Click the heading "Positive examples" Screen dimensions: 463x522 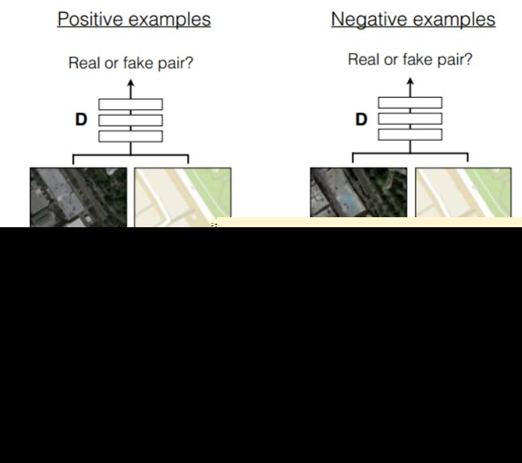point(134,19)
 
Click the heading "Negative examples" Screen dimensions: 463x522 point(413,19)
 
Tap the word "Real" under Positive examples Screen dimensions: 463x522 point(84,63)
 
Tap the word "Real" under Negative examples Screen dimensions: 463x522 point(363,60)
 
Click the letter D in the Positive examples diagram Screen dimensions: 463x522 point(81,120)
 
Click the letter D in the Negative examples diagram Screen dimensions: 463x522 point(361,119)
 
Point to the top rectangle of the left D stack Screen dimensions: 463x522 point(130,104)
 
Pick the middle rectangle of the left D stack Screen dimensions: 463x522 point(130,120)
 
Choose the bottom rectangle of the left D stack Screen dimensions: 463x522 point(130,136)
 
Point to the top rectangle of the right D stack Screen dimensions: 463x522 point(410,103)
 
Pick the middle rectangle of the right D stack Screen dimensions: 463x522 point(410,119)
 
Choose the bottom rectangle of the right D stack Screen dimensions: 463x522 point(410,134)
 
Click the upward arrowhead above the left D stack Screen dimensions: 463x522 point(130,84)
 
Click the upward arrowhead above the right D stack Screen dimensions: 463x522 point(410,81)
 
